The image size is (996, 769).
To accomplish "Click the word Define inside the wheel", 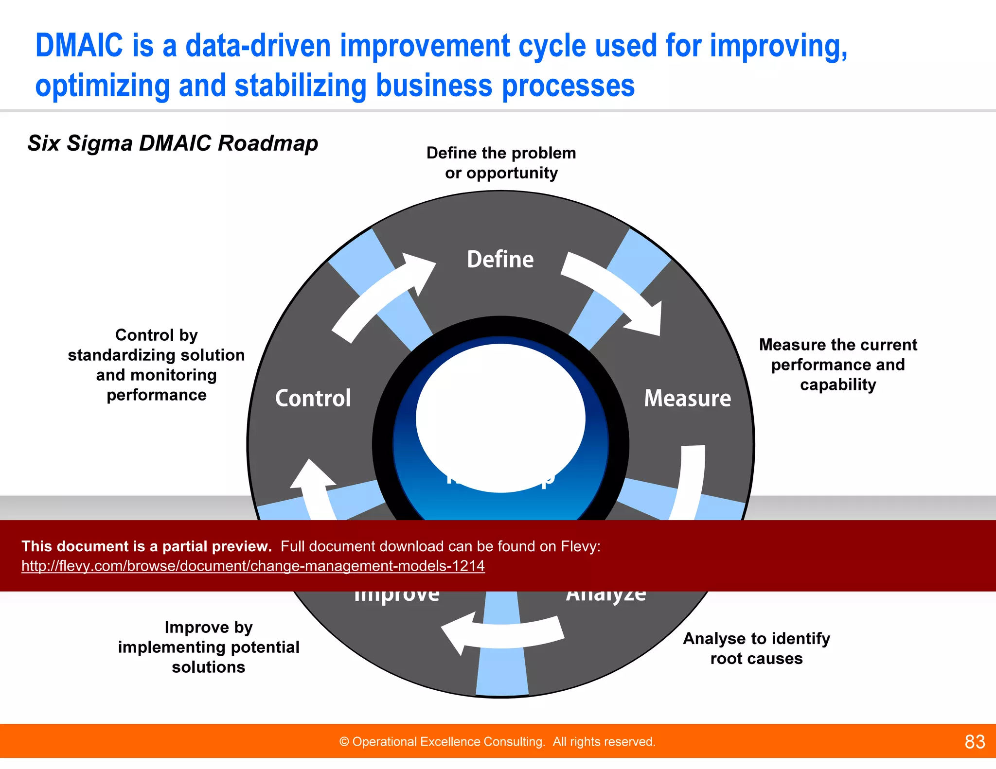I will (x=500, y=259).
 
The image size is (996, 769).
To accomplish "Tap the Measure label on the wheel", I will (x=687, y=398).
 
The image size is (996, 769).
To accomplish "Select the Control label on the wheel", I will (x=313, y=398).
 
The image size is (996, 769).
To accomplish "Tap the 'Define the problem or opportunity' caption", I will (x=501, y=163).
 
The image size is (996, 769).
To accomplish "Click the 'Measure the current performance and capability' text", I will (x=837, y=365).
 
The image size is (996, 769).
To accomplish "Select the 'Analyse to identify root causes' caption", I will (x=756, y=648).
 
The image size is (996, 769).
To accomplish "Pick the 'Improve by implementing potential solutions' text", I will (x=209, y=647).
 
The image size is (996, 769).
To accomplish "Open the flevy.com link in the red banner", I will (x=253, y=566).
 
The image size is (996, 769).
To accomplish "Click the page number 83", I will (x=975, y=742).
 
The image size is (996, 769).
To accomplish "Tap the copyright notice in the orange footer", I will (x=497, y=742).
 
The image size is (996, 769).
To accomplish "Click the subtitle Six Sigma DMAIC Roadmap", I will (x=173, y=143).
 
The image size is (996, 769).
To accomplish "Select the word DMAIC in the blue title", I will (x=79, y=46).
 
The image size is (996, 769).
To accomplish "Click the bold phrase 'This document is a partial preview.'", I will (x=146, y=546).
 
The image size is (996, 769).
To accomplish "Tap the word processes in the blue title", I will (x=568, y=86).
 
